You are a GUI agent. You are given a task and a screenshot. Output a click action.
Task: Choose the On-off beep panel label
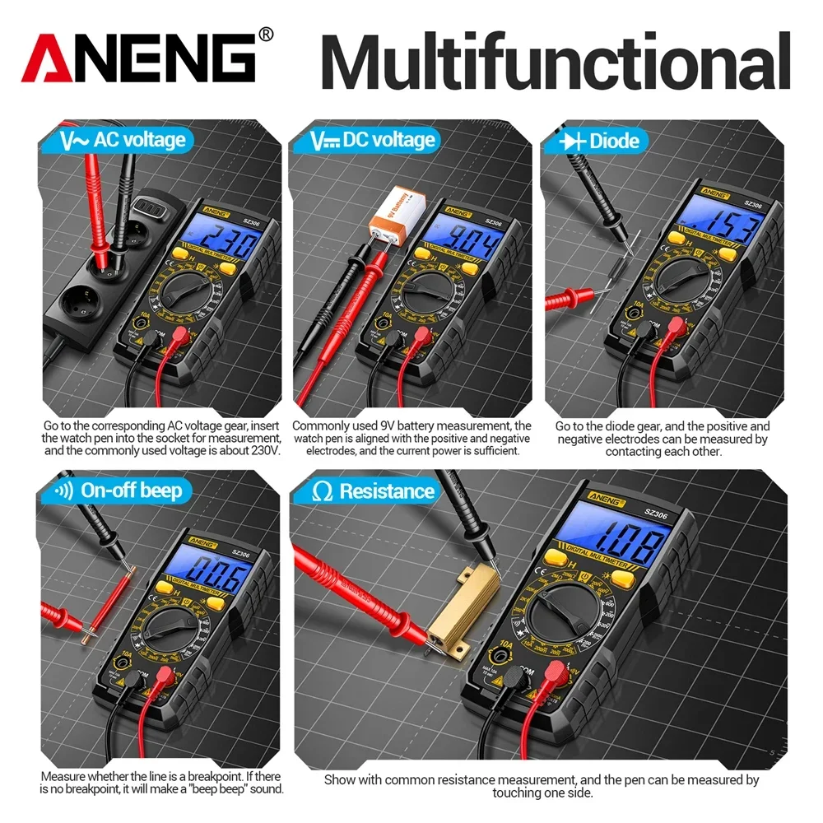coord(115,491)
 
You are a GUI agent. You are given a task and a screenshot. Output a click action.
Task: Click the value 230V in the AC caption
coord(264,450)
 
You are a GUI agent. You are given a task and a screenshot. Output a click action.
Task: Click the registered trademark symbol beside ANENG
coord(265,34)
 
